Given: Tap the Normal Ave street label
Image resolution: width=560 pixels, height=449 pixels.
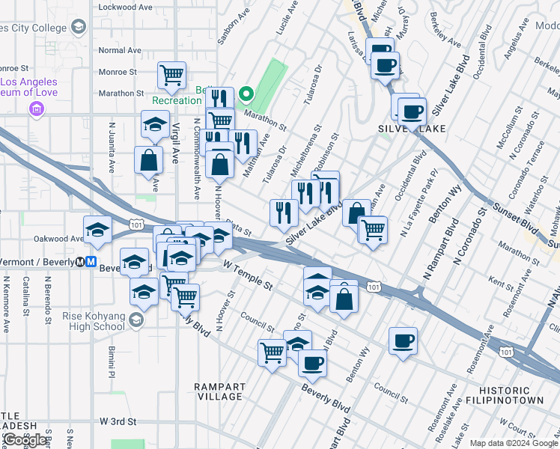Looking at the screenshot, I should coord(120,50).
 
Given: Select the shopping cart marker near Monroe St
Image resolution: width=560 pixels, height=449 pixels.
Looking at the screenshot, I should coord(172,75).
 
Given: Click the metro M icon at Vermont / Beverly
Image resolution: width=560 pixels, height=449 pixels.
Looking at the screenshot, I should coord(90,262).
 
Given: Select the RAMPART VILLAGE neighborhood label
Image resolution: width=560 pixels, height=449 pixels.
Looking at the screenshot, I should coord(219,391).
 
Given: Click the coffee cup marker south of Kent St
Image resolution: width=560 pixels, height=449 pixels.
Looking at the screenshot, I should coord(404,341).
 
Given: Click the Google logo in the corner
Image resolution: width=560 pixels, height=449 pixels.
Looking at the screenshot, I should coord(25,440).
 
